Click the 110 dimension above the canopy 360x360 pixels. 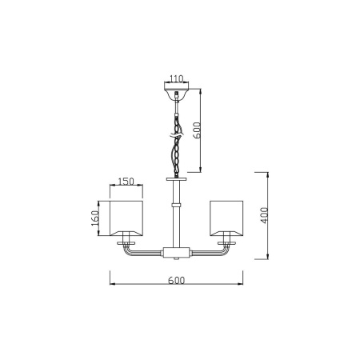coord(176,80)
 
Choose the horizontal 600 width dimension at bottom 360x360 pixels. coord(176,280)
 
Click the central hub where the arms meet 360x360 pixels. coord(176,252)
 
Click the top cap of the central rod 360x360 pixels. coord(176,181)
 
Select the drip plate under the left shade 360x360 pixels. coord(126,238)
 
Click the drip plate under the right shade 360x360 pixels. coord(226,238)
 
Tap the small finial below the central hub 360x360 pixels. coord(176,259)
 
